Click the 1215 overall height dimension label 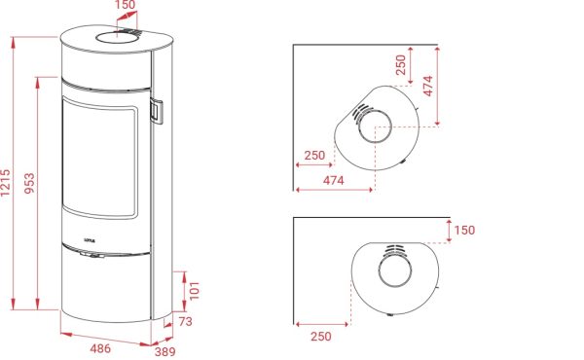(6, 183)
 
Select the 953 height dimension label (29, 183)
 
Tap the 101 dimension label (195, 291)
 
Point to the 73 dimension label (186, 321)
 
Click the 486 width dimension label (100, 348)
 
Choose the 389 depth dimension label (164, 351)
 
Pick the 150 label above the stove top (125, 5)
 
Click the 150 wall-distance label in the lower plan (464, 230)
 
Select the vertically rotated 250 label (401, 65)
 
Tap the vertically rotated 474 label (428, 86)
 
